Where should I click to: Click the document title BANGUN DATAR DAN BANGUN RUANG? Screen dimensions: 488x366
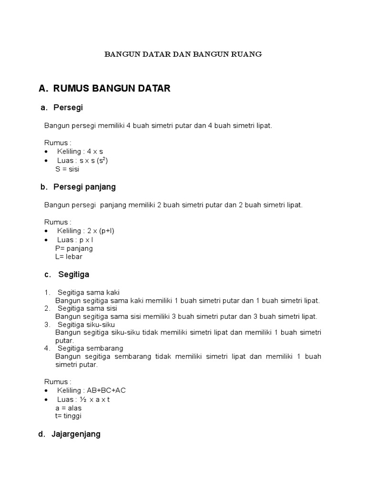tap(183, 54)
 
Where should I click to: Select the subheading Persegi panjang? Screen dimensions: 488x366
tap(85, 187)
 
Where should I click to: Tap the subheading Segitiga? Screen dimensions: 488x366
tap(73, 274)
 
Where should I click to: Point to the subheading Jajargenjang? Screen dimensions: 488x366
tap(76, 434)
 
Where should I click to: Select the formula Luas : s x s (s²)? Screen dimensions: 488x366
tap(82, 161)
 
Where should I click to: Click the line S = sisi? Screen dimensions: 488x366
tap(67, 169)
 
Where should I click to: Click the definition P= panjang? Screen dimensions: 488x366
tap(74, 248)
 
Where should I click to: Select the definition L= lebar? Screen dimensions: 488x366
tap(69, 257)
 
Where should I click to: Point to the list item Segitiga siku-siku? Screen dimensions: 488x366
tap(88, 325)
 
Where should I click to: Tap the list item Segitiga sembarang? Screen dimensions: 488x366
tap(90, 348)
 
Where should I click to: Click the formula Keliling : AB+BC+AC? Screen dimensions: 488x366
tap(91, 390)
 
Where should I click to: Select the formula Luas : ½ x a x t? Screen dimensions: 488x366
tap(83, 399)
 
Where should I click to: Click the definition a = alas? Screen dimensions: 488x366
tap(68, 408)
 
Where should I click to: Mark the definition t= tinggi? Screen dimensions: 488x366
tap(68, 416)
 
